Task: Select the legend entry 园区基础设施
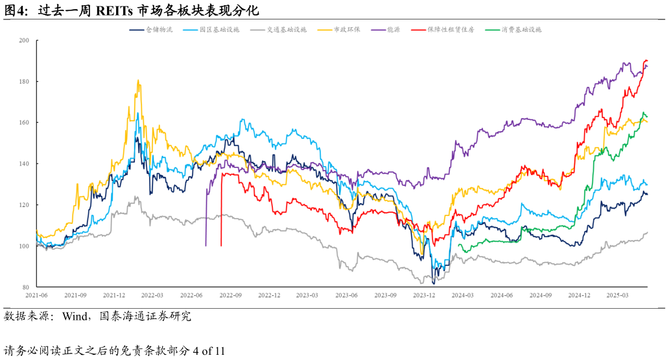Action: [x=219, y=30]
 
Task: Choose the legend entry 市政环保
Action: [x=346, y=30]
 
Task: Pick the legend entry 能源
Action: [x=393, y=30]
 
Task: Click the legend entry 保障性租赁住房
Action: [x=450, y=30]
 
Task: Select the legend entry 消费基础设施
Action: [x=521, y=30]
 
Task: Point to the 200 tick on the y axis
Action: [x=25, y=41]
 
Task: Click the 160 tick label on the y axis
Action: [x=25, y=123]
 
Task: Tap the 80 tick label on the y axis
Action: [x=25, y=287]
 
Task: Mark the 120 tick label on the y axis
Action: [x=25, y=205]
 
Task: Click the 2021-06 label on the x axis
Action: [x=37, y=295]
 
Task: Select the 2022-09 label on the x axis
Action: [x=230, y=295]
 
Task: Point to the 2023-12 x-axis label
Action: [x=424, y=295]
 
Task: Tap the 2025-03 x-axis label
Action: [x=618, y=295]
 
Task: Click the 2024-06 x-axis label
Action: [x=502, y=295]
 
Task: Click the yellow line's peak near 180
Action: [x=138, y=80]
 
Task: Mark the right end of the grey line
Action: [x=647, y=232]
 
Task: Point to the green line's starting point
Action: [x=459, y=245]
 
